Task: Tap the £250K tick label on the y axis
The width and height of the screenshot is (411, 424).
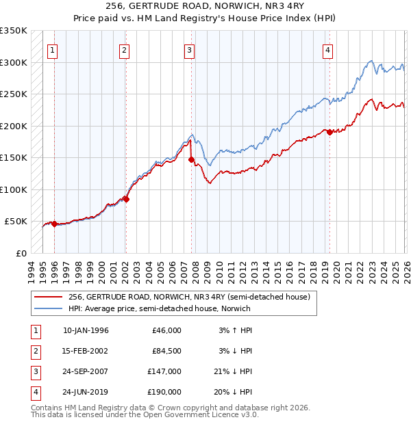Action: click(13, 94)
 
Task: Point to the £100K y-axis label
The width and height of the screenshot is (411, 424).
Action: click(13, 189)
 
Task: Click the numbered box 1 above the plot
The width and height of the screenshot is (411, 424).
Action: click(53, 50)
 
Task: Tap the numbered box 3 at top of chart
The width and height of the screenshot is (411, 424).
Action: click(188, 50)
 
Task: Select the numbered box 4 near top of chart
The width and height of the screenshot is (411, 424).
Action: click(328, 50)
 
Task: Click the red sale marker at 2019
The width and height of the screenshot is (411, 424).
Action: click(329, 132)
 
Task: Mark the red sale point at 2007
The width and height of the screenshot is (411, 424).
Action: click(191, 159)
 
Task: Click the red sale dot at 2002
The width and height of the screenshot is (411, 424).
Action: click(126, 199)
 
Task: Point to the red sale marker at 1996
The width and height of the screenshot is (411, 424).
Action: click(54, 224)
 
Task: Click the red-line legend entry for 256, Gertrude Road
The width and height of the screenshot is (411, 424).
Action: click(190, 297)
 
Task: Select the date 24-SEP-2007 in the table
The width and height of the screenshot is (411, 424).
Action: click(86, 371)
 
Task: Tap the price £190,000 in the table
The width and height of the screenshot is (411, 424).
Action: click(164, 392)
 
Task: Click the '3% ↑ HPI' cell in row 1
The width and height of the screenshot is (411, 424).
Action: click(236, 330)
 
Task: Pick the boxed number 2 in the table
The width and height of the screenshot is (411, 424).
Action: click(35, 351)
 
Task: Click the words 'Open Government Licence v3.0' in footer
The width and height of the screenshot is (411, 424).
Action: click(197, 414)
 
